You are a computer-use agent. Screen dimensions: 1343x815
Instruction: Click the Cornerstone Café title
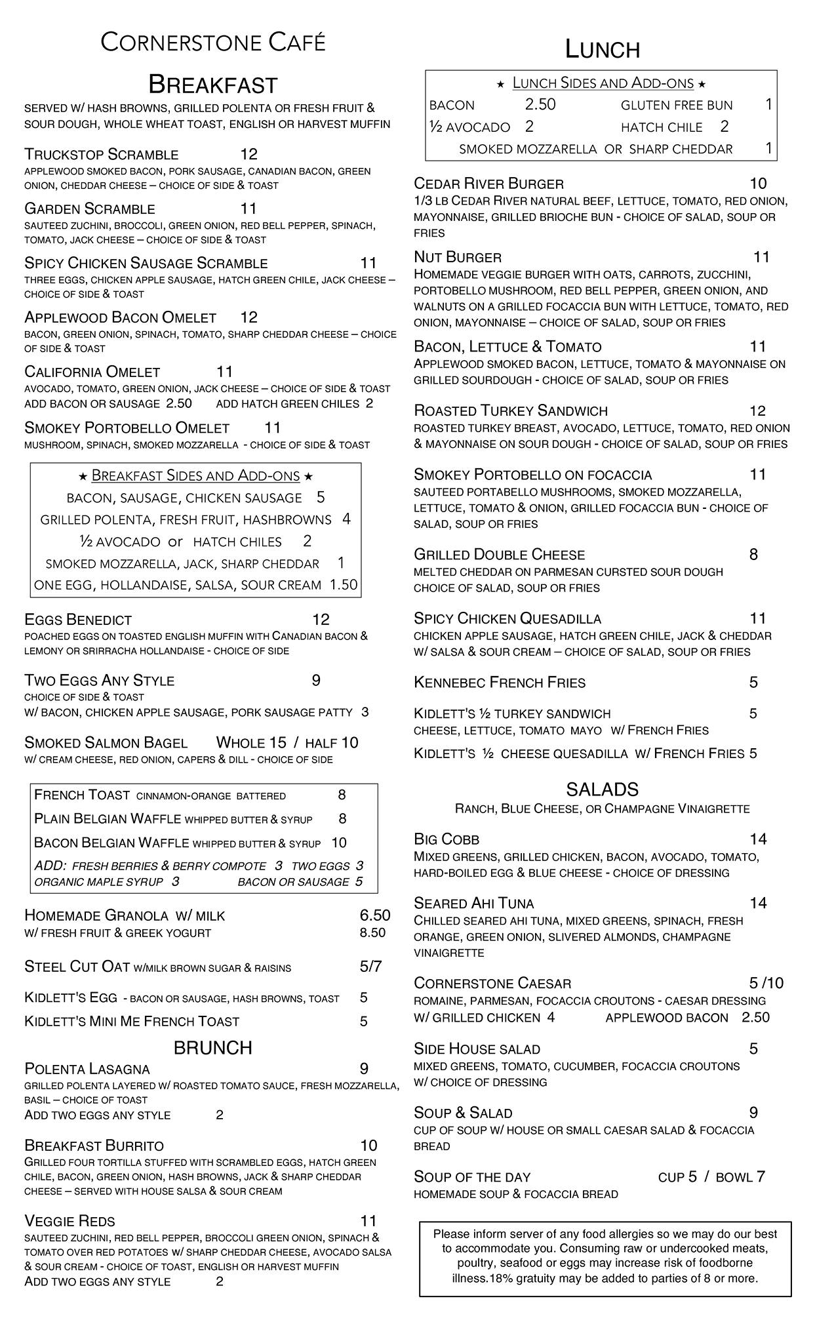(213, 43)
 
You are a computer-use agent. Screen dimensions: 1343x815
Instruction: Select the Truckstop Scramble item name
(102, 155)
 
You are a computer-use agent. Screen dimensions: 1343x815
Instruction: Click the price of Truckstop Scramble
(249, 154)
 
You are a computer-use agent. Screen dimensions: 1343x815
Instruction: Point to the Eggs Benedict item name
(78, 620)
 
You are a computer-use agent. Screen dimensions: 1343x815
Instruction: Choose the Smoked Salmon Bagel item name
(106, 743)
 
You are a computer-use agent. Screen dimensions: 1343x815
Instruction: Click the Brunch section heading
(213, 1048)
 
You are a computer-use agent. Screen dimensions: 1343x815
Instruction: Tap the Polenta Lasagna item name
(87, 1070)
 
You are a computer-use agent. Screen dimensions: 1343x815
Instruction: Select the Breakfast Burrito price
(368, 1146)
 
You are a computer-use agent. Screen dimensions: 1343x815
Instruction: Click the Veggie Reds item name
(70, 1221)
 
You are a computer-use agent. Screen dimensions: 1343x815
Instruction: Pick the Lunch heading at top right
(603, 50)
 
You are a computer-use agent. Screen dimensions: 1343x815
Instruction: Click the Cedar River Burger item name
(488, 184)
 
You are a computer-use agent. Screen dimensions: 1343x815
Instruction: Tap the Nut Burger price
(761, 257)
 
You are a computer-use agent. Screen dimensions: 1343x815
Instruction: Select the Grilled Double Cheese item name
(500, 555)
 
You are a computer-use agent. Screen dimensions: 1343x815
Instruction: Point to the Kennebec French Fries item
(500, 683)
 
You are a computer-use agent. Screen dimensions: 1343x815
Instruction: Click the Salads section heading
(603, 790)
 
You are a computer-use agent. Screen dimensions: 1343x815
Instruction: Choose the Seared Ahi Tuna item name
(474, 904)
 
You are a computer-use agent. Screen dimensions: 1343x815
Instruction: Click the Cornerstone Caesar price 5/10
(766, 984)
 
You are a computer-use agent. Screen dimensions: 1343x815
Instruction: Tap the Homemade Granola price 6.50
(375, 915)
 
